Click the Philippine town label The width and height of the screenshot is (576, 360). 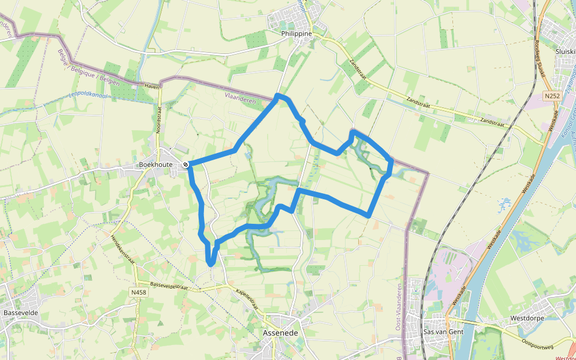coord(297,34)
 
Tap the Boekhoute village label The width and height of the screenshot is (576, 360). coord(155,164)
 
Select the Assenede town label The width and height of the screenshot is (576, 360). coord(280,332)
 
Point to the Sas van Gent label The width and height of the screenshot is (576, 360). coord(445,332)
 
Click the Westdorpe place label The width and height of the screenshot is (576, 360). coord(527,318)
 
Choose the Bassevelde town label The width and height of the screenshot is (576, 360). coord(20,313)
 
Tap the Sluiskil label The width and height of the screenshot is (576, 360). coord(566,52)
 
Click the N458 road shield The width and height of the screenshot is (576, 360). coord(138,293)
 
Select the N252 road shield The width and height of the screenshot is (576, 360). coord(553,96)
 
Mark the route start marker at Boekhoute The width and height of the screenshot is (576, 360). coord(186,164)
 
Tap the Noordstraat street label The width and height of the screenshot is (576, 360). coord(160,120)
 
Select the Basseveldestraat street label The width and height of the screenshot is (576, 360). coord(173,286)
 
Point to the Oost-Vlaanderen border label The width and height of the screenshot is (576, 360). coord(399,307)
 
